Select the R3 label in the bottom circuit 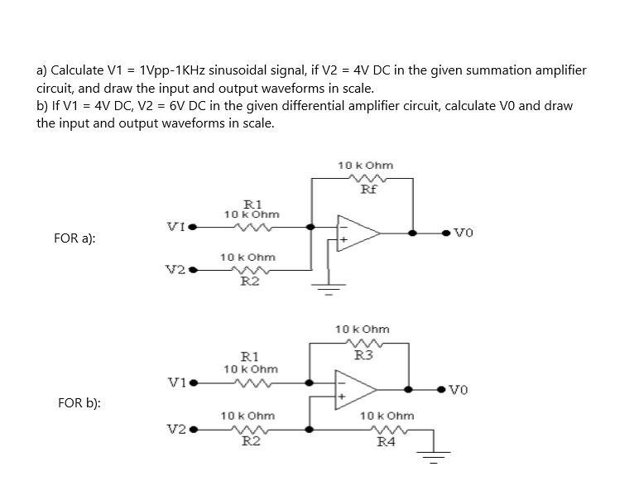(363, 355)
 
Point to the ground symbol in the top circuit (329, 290)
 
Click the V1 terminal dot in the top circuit (193, 225)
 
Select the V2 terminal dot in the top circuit (193, 270)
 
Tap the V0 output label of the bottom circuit (460, 389)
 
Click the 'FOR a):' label (74, 238)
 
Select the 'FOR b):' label (79, 403)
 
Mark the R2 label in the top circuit (249, 281)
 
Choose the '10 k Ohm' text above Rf (365, 166)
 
